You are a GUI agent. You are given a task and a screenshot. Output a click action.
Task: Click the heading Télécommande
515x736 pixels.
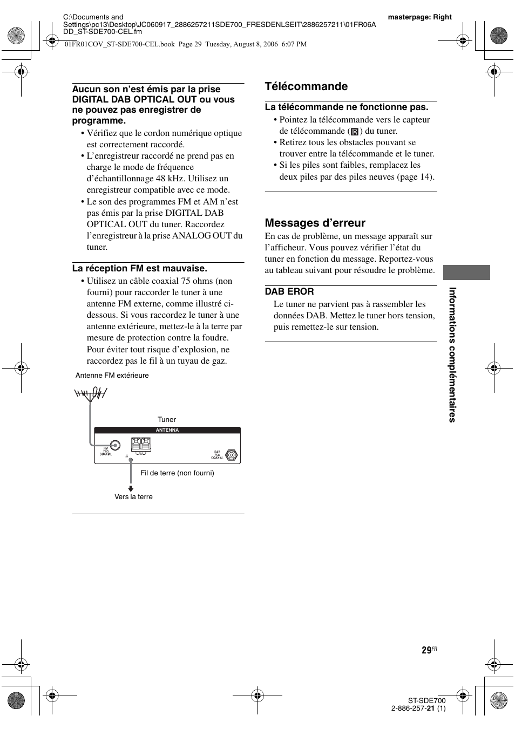click(x=306, y=86)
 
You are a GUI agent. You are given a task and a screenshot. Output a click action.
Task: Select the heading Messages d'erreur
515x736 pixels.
click(x=315, y=223)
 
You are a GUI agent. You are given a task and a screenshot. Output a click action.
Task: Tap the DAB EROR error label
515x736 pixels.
click(x=289, y=291)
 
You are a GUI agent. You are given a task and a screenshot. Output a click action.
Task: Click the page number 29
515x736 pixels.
click(x=426, y=651)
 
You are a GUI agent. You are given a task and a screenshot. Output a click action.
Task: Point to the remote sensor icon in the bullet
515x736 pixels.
click(x=355, y=131)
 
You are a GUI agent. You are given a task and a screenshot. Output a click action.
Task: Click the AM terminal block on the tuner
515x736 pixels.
click(x=140, y=445)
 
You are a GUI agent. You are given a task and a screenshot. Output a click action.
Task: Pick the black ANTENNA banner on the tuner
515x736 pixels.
click(x=167, y=430)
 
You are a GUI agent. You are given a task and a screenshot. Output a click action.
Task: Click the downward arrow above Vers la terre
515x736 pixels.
click(x=131, y=488)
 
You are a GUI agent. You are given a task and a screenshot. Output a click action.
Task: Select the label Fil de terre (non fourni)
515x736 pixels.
click(x=177, y=473)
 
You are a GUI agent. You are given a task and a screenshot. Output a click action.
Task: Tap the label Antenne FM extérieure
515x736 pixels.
click(x=112, y=376)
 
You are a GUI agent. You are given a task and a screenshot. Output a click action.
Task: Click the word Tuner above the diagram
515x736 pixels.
click(x=167, y=419)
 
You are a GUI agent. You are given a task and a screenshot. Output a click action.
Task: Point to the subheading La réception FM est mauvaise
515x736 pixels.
click(x=140, y=268)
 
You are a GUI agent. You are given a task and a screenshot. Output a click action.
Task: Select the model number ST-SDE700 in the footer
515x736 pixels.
click(x=426, y=700)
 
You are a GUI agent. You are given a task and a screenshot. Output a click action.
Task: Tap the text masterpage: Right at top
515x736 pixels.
click(x=419, y=17)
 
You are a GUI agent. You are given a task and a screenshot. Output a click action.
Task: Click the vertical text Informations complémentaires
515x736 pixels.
click(x=452, y=355)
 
